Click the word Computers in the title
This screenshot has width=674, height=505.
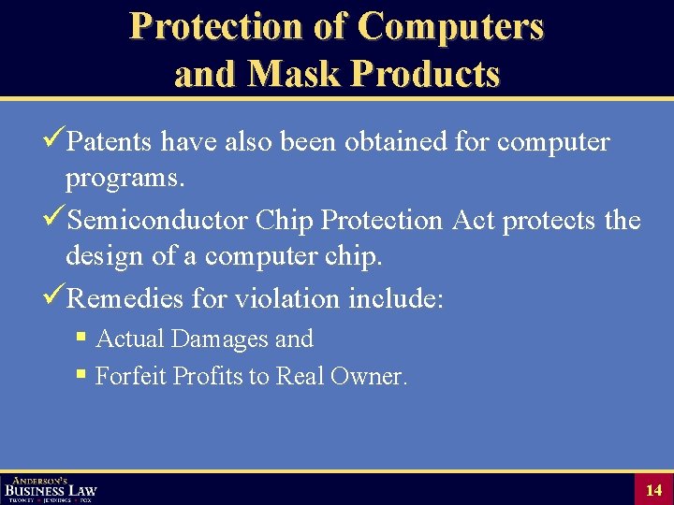click(x=449, y=26)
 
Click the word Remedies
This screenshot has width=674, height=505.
click(x=125, y=299)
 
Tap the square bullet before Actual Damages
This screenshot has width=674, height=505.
click(x=81, y=338)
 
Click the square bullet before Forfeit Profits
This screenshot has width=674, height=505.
click(x=81, y=375)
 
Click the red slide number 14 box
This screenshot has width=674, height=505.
click(x=652, y=489)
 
